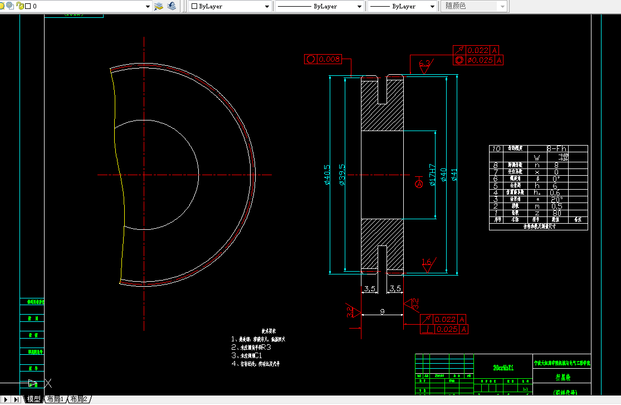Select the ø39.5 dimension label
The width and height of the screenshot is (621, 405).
[342, 174]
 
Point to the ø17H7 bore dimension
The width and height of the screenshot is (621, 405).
[432, 175]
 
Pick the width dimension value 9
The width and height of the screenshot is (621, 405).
[382, 312]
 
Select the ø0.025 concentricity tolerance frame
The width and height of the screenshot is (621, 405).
[479, 60]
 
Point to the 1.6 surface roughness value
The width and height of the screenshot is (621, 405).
[427, 261]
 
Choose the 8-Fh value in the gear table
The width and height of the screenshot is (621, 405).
[557, 149]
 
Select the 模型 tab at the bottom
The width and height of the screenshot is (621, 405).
[33, 399]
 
